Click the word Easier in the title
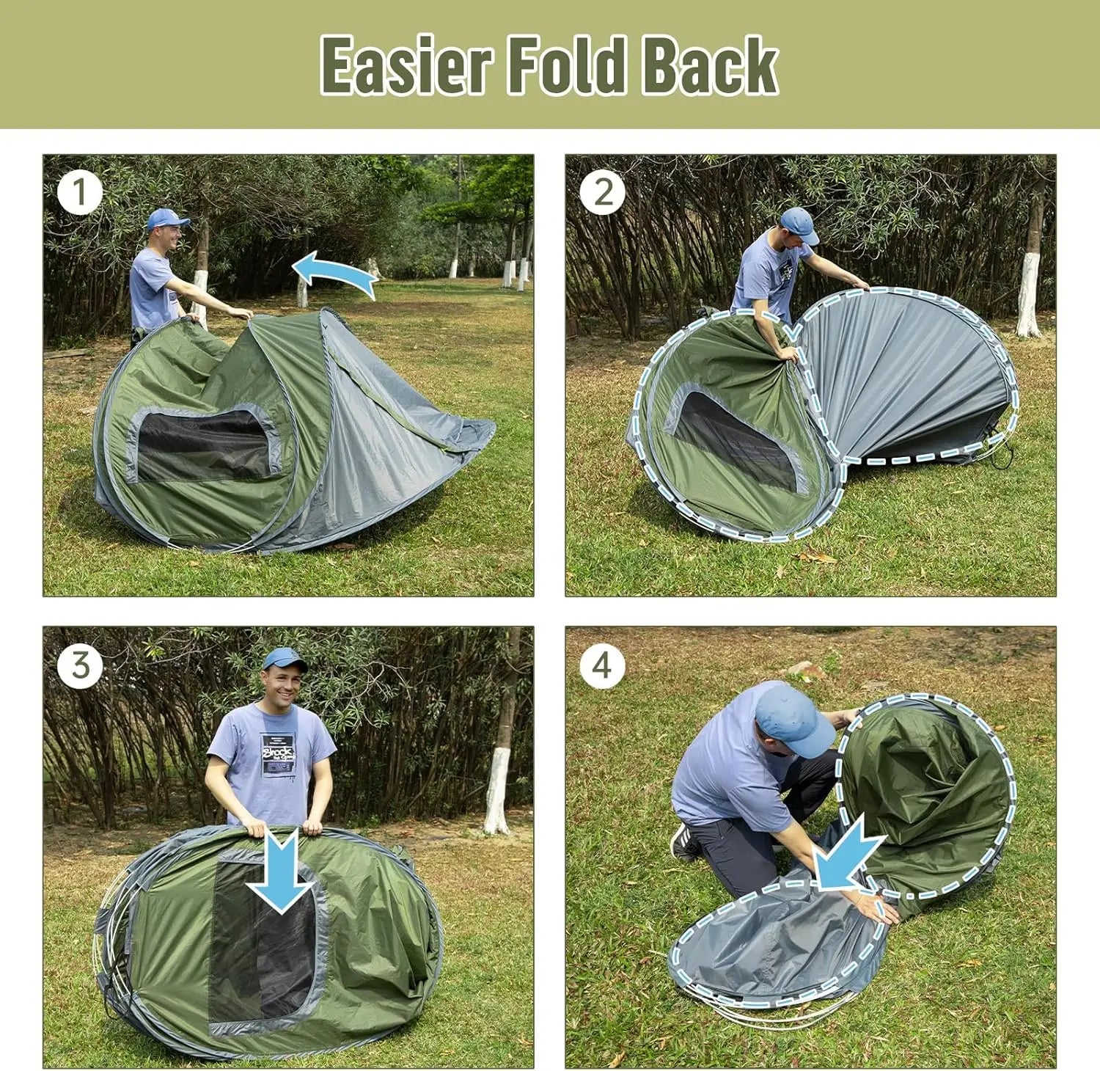point(406,66)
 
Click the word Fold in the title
point(565,66)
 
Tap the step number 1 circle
point(79,193)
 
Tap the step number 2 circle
point(602,193)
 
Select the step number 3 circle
point(80,665)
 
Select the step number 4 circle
point(602,665)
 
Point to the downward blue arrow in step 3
point(282,873)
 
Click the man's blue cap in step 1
point(166,219)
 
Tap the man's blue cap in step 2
point(799,223)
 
